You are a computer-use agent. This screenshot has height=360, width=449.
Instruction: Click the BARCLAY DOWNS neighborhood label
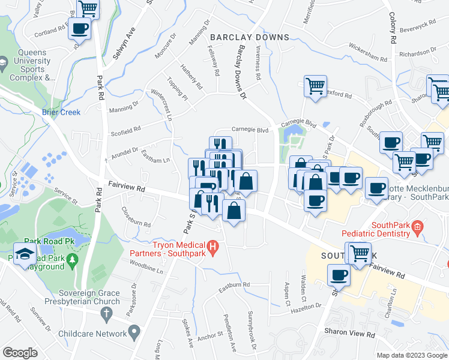coord(250,37)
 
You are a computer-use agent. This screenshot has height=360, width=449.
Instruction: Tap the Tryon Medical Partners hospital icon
coord(212,245)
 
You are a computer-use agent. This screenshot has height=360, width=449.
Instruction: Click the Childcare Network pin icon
coord(134,330)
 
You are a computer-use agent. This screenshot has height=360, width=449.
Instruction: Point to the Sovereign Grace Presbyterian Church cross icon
coord(106,313)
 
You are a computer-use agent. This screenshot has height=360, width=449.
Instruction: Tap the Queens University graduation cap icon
coord(4,62)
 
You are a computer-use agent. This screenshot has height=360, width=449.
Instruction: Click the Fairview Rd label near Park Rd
coord(127,188)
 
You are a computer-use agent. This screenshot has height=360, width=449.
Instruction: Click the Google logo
coord(20,353)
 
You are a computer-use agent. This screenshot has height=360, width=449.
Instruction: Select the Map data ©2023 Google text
coord(411,355)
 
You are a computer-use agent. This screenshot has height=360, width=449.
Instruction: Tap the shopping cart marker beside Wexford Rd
coord(315,85)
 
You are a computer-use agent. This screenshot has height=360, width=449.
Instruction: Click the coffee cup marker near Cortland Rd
coord(80,28)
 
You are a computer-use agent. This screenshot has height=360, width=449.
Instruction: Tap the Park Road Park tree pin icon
coord(73,260)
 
